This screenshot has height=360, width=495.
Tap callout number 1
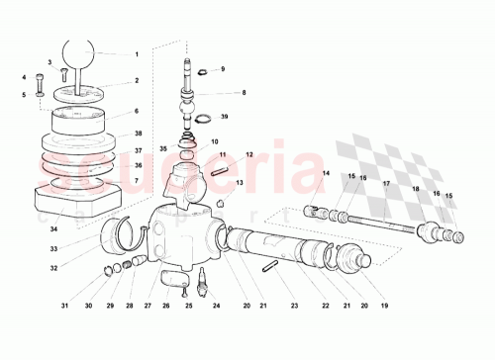pyautogui.click(x=138, y=54)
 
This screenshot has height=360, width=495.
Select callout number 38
pyautogui.click(x=138, y=133)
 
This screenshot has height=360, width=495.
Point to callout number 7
pyautogui.click(x=138, y=181)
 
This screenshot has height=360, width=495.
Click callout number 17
pyautogui.click(x=385, y=184)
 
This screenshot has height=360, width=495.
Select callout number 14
pyautogui.click(x=324, y=174)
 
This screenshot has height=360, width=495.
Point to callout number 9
pyautogui.click(x=223, y=69)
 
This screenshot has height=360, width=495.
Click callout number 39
pyautogui.click(x=225, y=118)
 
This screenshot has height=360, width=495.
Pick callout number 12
pyautogui.click(x=248, y=154)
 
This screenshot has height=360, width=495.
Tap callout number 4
pyautogui.click(x=24, y=76)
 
